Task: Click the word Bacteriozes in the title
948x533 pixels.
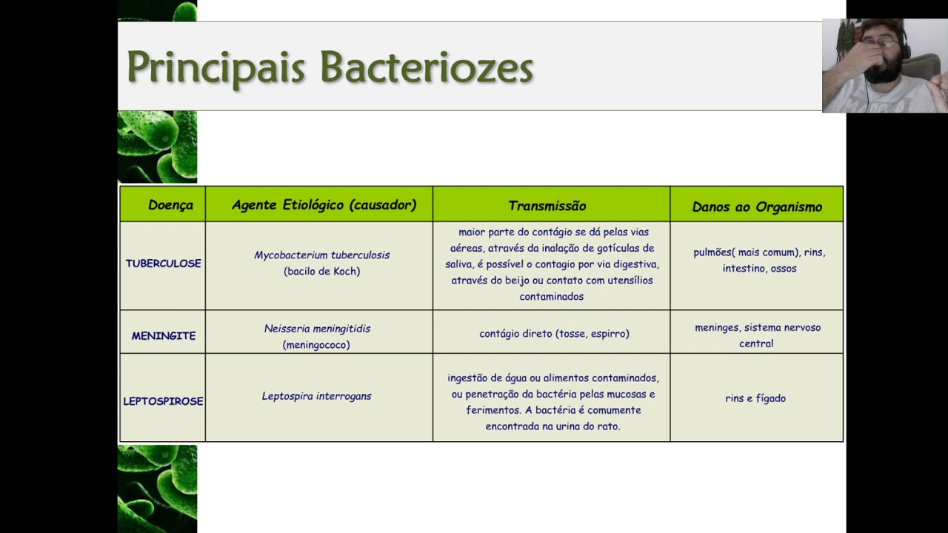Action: click(427, 67)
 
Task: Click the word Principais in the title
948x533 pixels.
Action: click(216, 67)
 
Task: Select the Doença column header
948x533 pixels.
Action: click(170, 205)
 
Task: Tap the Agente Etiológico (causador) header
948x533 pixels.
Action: click(324, 205)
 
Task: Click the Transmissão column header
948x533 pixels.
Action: click(547, 206)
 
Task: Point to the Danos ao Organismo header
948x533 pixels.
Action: click(757, 207)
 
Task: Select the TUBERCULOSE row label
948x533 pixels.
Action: click(163, 264)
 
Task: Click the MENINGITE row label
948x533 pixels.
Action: click(164, 335)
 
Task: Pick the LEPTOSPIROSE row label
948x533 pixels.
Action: click(163, 401)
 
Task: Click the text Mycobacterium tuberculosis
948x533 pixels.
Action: click(321, 255)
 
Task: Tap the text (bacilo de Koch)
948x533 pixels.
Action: click(321, 271)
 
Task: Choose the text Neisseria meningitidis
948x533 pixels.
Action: click(317, 328)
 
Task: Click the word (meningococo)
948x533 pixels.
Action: click(316, 344)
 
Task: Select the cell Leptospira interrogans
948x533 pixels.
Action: click(316, 396)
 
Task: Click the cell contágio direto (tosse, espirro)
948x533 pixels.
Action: click(554, 334)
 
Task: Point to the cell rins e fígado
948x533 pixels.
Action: click(755, 398)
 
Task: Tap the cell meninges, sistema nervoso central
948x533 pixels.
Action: click(757, 335)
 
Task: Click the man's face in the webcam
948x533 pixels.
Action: click(881, 59)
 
